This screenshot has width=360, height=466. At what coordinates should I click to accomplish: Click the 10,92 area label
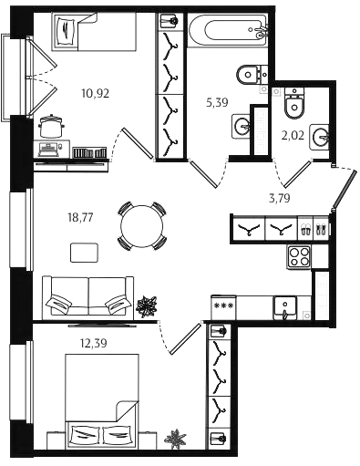coord(96,93)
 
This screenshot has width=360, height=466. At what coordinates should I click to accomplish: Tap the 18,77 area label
coord(80,218)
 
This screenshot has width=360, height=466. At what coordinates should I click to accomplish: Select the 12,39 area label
coord(93,343)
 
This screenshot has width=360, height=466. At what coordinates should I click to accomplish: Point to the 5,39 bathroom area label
coord(217,103)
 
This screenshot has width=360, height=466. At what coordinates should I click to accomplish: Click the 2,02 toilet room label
coord(293,135)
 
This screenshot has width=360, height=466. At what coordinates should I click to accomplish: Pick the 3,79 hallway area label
coord(279,198)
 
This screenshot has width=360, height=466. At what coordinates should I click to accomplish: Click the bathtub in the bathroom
coord(227,29)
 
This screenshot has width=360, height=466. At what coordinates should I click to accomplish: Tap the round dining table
coord(142,226)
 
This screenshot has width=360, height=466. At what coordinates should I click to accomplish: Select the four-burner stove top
coord(299,257)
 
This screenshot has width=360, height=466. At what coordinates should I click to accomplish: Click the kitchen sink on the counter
coord(284,307)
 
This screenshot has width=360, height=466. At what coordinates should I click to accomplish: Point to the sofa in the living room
coord(88,297)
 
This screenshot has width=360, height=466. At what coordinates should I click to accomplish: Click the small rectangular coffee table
coord(84,253)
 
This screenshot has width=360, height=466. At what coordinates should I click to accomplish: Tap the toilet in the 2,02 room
coord(294,103)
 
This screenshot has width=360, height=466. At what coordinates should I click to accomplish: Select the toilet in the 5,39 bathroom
coord(252,75)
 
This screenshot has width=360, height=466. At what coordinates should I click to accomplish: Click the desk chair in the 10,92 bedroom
coord(52,126)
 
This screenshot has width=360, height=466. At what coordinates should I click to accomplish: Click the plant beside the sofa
coord(147,306)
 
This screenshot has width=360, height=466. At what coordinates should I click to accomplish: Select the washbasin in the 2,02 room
coord(319,136)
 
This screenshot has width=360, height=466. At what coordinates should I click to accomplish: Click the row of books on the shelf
coord(89,152)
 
